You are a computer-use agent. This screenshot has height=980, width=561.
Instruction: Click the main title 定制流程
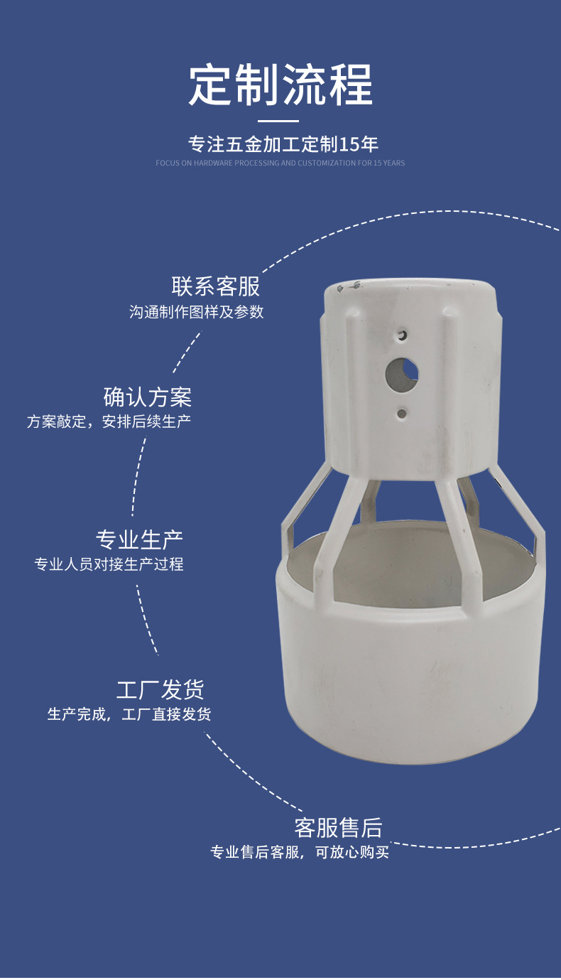pos(280,85)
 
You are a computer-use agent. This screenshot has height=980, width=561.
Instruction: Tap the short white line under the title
pos(278,122)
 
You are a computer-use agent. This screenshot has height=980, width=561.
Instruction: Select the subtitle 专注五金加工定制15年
pos(283,144)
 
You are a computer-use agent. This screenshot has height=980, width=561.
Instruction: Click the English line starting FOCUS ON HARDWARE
pos(280,163)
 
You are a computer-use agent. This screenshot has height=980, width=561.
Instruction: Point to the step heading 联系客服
pos(216,286)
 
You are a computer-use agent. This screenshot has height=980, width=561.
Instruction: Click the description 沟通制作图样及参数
pos(196,312)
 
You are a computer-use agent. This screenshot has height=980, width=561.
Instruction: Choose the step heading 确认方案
pos(148,397)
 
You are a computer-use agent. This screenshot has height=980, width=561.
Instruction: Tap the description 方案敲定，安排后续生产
pos(109,421)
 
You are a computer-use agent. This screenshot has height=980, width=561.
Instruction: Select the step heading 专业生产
pos(139,539)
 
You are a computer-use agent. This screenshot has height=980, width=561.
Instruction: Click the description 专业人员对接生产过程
pos(109,564)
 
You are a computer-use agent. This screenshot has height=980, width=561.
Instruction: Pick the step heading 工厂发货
pos(160,689)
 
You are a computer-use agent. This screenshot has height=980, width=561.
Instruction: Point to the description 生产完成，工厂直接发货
pos(129,714)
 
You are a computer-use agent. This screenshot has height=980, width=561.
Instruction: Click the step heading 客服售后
pos(338,828)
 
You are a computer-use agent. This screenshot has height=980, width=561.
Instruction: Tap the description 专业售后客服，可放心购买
pos(300,852)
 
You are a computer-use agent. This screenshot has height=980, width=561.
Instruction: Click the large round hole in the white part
pos(401,374)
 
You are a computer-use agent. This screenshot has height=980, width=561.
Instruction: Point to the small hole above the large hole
pos(402,335)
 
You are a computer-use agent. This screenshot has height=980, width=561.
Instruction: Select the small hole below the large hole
pos(402,413)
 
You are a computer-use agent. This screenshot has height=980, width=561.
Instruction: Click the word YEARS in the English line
pos(393,163)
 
